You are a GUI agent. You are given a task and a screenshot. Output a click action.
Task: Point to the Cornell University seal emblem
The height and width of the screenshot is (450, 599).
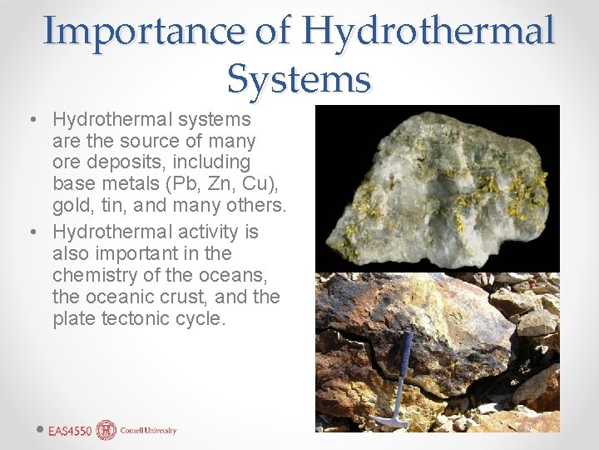106,430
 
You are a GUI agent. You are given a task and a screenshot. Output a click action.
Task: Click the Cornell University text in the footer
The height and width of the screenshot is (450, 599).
148,431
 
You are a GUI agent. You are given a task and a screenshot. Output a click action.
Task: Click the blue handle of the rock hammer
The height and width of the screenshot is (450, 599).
403,366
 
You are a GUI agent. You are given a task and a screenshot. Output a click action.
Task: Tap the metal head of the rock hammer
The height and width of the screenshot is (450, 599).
388,419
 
